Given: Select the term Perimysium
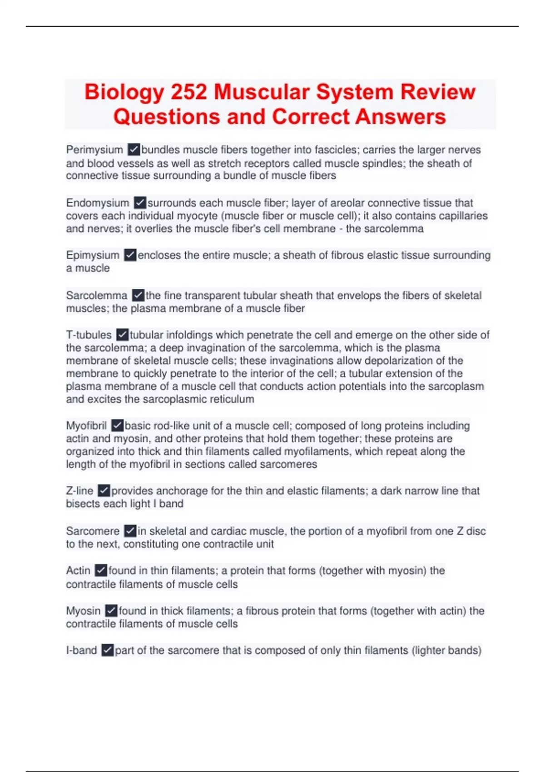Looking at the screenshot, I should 94,150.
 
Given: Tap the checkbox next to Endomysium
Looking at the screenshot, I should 140,203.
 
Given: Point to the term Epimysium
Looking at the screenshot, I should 93,255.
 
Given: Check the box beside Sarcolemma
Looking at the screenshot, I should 138,296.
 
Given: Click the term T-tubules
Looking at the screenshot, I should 89,335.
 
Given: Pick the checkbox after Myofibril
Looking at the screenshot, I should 117,426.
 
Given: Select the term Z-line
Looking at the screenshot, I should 79,491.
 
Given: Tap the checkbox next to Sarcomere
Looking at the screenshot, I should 130,531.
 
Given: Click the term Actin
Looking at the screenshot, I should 78,570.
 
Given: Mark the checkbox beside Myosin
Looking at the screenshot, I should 111,611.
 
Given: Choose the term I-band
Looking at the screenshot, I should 81,650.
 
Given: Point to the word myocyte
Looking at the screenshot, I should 197,216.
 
